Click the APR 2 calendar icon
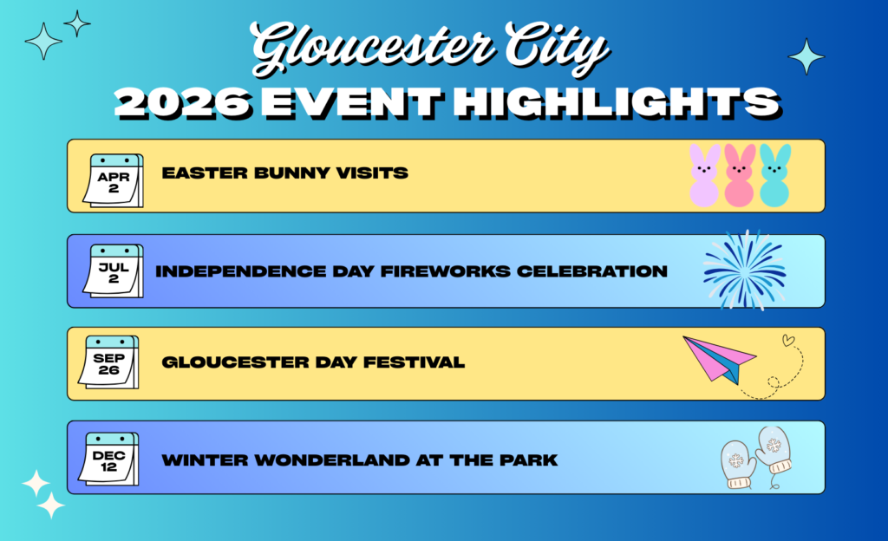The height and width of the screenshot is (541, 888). pos(114,180)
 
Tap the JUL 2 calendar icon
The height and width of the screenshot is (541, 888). pos(114,270)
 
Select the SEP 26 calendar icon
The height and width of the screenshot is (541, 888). pos(108,362)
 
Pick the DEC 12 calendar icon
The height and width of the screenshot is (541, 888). pos(108,459)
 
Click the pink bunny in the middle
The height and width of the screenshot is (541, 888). pos(740,175)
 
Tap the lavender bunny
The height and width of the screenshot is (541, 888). pos(704,175)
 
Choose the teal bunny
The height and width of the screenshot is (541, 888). pos(774,175)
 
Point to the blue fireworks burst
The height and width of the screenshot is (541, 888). pos(745,270)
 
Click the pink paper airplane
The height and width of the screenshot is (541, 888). pos(719,360)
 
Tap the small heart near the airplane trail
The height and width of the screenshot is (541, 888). pos(787,340)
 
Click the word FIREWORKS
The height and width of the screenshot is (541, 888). pos(445,271)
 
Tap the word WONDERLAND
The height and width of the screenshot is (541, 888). pos(332,460)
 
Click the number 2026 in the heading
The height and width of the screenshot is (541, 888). pos(183,103)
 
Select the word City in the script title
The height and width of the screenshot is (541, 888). pos(555,48)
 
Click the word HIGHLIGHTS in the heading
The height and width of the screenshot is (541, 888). pos(617,103)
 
